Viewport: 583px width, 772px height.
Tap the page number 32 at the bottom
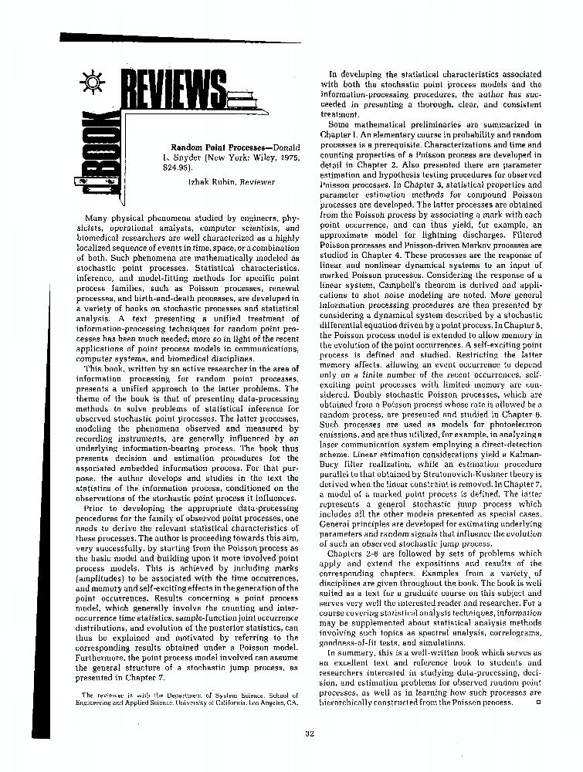point(307,733)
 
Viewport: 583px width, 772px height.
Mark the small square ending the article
point(537,702)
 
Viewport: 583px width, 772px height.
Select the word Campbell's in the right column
point(400,285)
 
